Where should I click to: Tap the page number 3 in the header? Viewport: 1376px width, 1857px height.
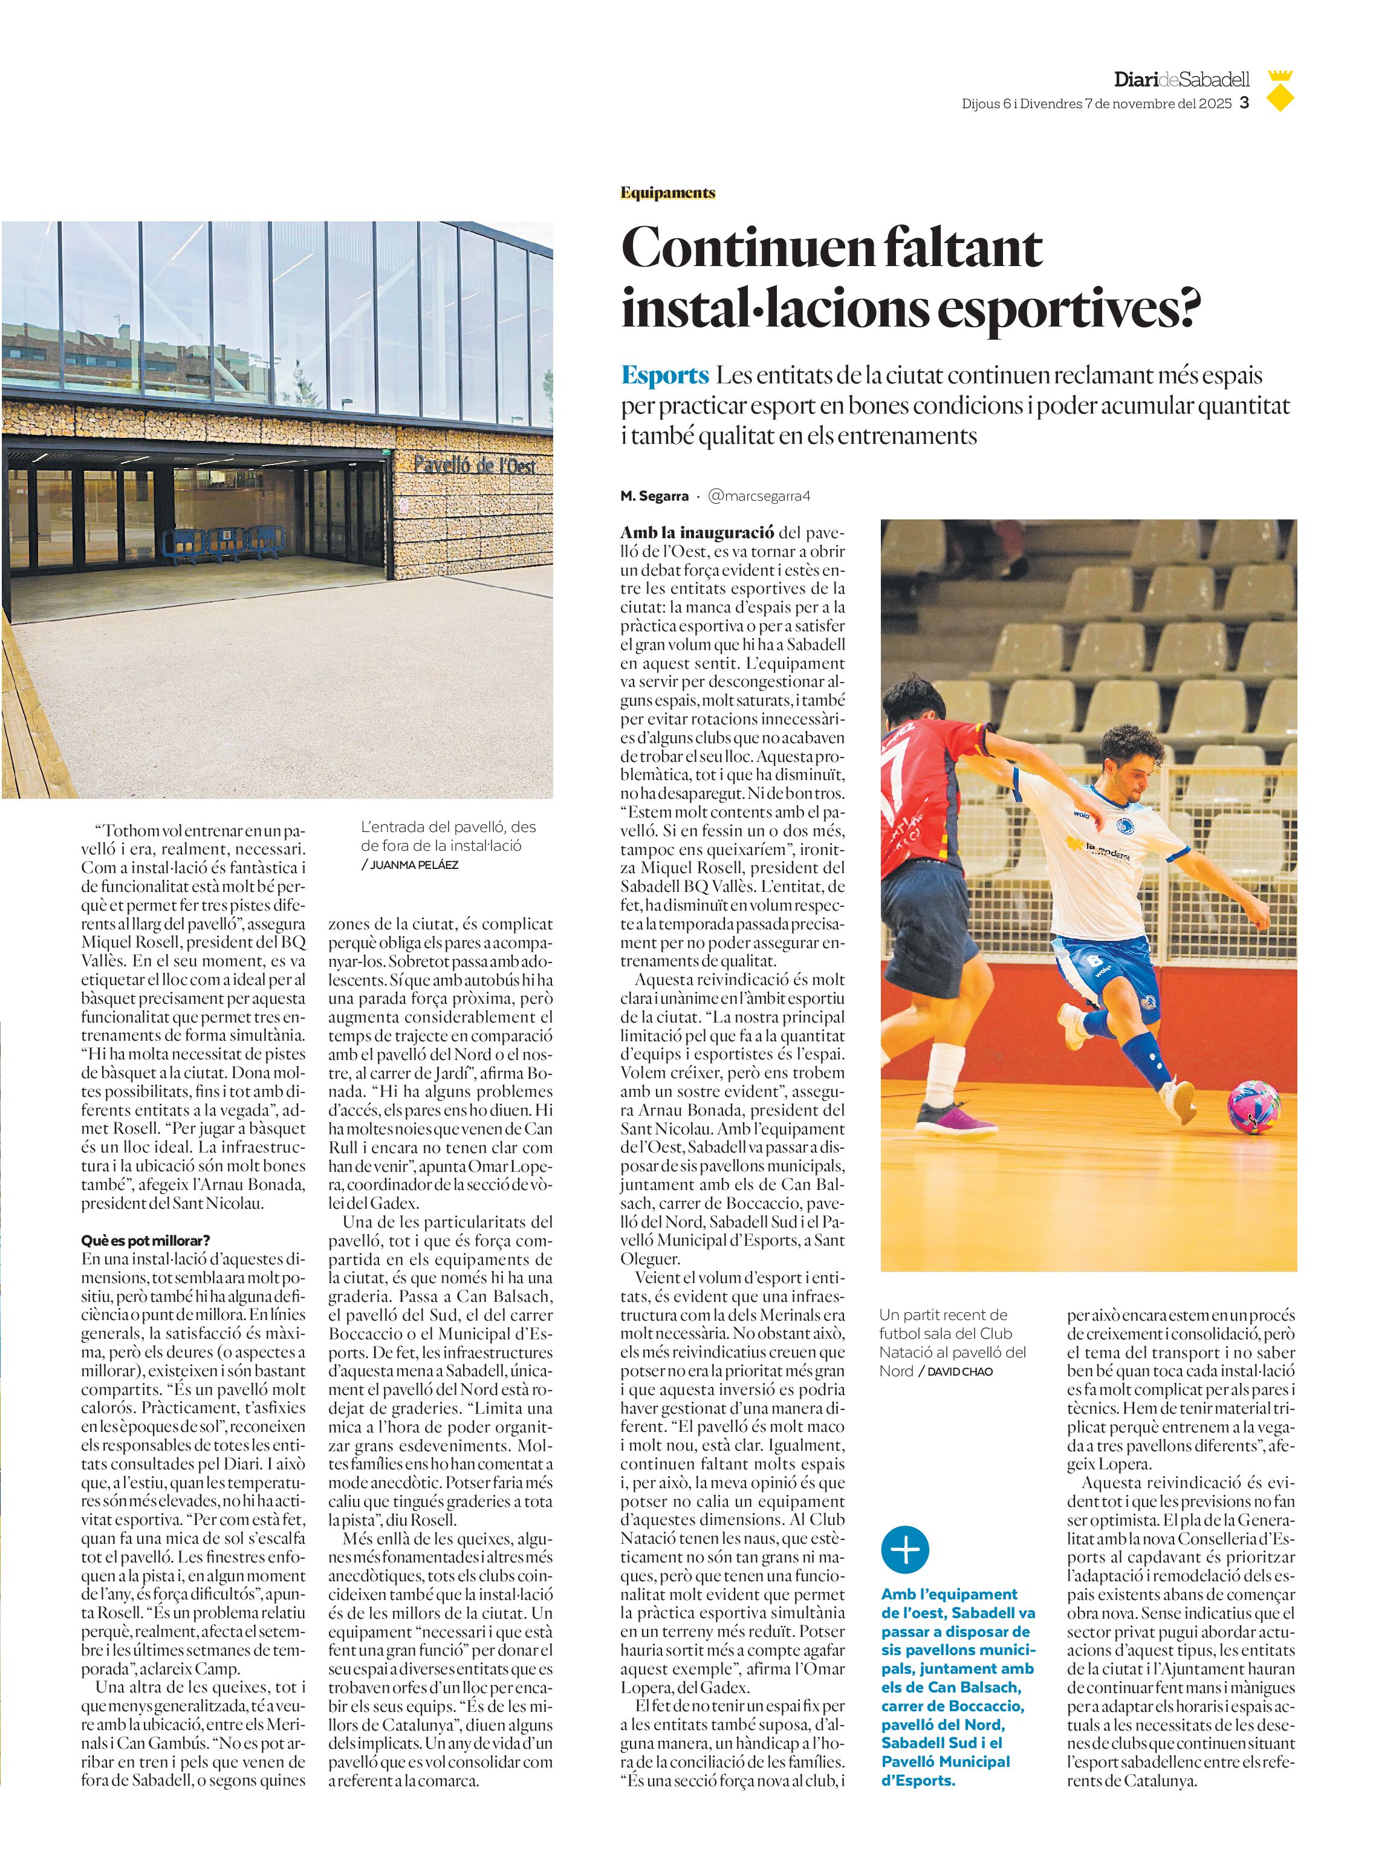pos(1244,103)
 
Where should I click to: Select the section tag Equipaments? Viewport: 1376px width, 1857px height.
pos(667,194)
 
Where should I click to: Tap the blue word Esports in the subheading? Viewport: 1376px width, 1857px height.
pos(664,376)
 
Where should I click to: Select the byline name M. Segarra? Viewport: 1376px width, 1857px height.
pos(654,496)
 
